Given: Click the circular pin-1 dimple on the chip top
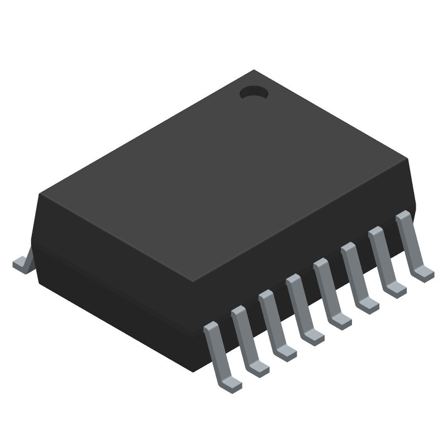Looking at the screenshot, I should tap(255, 93).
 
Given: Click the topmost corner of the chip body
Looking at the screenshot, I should tap(255, 70).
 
